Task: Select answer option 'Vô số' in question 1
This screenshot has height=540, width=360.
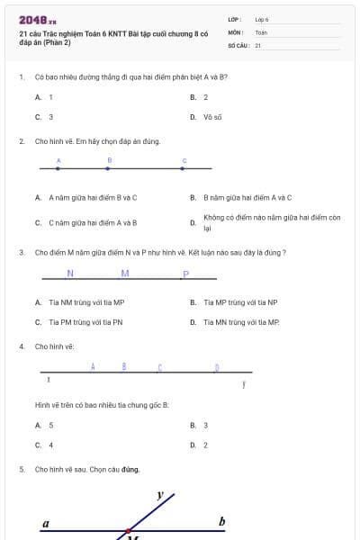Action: (x=212, y=117)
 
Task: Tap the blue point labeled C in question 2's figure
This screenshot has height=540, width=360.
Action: (x=184, y=168)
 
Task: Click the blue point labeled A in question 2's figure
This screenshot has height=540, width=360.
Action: (x=58, y=168)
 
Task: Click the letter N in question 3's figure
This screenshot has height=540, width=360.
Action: (x=70, y=274)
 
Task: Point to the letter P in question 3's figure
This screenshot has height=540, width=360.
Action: (x=185, y=274)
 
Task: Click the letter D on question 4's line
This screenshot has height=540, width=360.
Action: (x=216, y=367)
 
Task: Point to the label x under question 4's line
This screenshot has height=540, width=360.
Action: (x=48, y=382)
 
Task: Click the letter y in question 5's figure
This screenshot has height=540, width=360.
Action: (x=160, y=495)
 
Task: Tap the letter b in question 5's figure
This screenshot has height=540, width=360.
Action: (x=221, y=522)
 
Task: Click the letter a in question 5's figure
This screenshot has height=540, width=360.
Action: (x=46, y=523)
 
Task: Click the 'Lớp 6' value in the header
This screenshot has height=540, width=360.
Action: (x=262, y=19)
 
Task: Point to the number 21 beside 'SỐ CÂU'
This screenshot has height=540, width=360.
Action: (x=258, y=44)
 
